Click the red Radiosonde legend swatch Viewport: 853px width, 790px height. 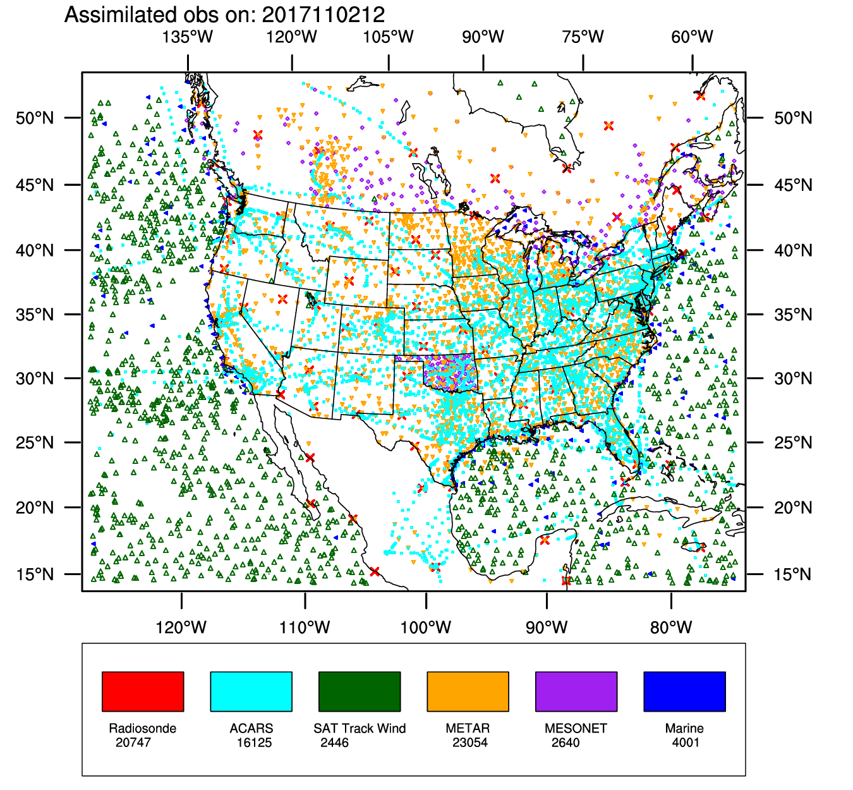click(x=143, y=691)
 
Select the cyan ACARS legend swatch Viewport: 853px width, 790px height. click(x=251, y=691)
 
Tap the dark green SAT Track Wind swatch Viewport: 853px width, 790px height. click(x=360, y=691)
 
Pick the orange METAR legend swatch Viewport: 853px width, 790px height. click(x=468, y=691)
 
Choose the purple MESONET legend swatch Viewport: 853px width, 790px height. click(x=576, y=691)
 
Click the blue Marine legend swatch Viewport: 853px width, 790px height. click(x=684, y=691)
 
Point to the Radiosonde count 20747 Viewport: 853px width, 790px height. click(x=133, y=742)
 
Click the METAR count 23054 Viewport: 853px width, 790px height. click(x=470, y=742)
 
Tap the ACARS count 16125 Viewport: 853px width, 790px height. click(x=254, y=742)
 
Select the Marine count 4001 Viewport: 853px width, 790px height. click(x=686, y=742)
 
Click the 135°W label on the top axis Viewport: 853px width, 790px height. click(x=188, y=37)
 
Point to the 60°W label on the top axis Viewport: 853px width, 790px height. click(x=693, y=37)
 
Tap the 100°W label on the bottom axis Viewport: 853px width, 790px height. click(x=426, y=627)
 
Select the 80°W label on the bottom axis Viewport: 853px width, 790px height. click(x=671, y=627)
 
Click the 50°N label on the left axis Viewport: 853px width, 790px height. click(x=35, y=118)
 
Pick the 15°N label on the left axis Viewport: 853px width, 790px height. click(x=35, y=574)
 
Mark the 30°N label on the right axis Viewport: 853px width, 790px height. click(x=793, y=379)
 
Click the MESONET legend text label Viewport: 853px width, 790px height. click(x=576, y=728)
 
